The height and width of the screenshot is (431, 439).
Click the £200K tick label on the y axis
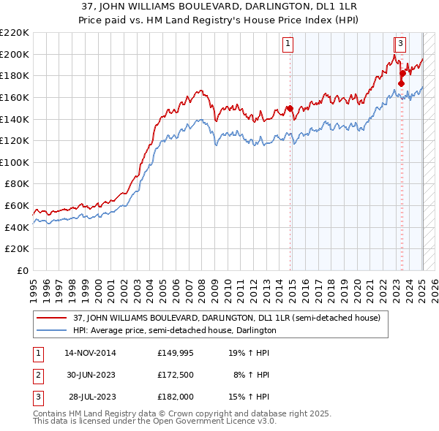(x=15, y=54)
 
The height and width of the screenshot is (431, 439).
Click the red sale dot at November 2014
(x=289, y=109)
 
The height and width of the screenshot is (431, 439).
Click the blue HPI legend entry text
(x=174, y=330)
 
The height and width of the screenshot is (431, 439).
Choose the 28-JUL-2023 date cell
(x=91, y=398)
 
